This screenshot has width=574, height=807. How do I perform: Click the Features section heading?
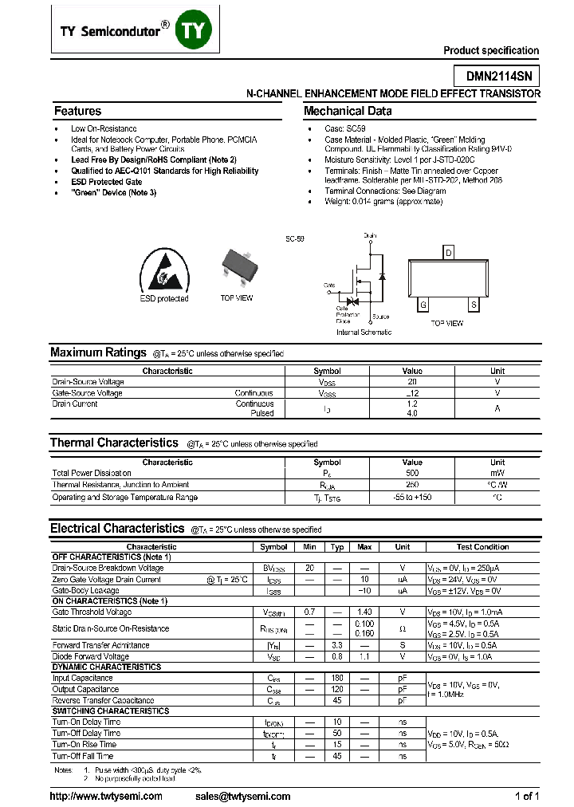point(77,112)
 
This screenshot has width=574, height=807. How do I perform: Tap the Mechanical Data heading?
point(348,112)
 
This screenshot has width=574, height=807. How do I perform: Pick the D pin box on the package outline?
point(449,254)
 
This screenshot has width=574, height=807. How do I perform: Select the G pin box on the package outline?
point(423,305)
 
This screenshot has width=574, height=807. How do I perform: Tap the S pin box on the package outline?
point(474,305)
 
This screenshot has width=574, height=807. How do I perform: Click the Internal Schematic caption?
point(364,332)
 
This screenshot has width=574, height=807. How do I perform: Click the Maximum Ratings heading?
point(97,352)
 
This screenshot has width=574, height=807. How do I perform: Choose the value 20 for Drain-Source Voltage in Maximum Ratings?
point(412,382)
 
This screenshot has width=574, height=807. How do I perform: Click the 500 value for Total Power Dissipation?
point(412,473)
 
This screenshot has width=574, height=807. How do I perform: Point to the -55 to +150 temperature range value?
point(412,497)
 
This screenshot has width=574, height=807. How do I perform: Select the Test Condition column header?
point(482,547)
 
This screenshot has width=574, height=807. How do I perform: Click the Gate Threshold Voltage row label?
point(92,612)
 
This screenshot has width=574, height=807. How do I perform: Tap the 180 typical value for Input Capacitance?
point(337,678)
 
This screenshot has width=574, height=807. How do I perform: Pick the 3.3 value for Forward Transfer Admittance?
point(337,645)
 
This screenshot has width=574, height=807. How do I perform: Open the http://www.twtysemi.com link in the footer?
point(106,796)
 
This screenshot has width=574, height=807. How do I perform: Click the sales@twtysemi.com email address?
point(242,796)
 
